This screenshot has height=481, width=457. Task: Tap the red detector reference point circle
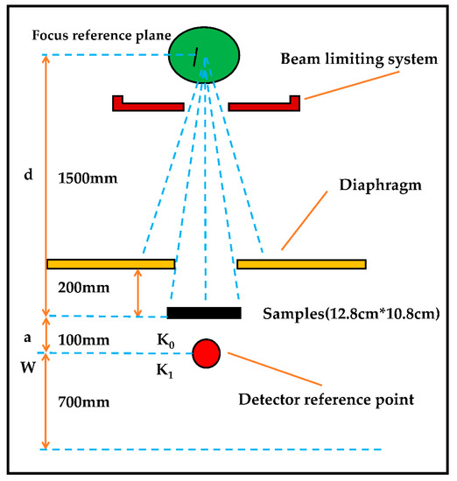(207, 352)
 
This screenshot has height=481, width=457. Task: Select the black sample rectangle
(204, 312)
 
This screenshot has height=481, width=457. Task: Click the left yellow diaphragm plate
(111, 263)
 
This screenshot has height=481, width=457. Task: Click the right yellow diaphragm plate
(301, 263)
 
